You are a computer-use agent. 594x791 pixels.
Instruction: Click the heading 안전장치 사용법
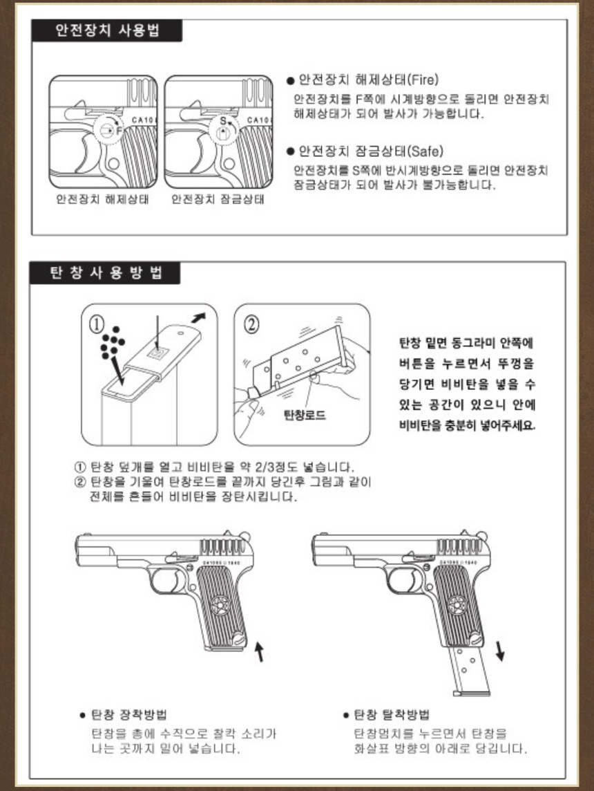point(107,31)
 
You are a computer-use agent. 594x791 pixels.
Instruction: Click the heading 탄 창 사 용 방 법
point(106,273)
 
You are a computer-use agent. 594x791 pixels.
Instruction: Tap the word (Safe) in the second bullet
point(425,151)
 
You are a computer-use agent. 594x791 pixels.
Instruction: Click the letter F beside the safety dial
point(119,131)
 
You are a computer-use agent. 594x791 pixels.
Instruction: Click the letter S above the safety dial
point(223,121)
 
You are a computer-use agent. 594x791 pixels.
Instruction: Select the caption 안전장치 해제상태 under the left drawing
point(102,198)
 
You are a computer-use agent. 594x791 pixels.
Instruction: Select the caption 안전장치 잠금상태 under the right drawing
point(218,198)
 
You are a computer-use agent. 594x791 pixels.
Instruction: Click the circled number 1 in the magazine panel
point(97,324)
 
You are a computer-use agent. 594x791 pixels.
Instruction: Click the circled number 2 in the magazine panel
point(252,324)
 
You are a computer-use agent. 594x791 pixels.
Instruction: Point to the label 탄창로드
point(305,415)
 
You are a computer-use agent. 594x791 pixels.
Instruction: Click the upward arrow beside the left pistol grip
point(260,651)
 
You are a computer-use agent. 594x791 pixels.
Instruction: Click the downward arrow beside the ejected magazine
point(500,651)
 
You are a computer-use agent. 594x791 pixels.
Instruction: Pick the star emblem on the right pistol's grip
point(457,605)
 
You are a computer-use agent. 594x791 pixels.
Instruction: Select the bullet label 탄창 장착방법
point(129,714)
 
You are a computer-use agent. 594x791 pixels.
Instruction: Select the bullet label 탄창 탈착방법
point(392,714)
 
